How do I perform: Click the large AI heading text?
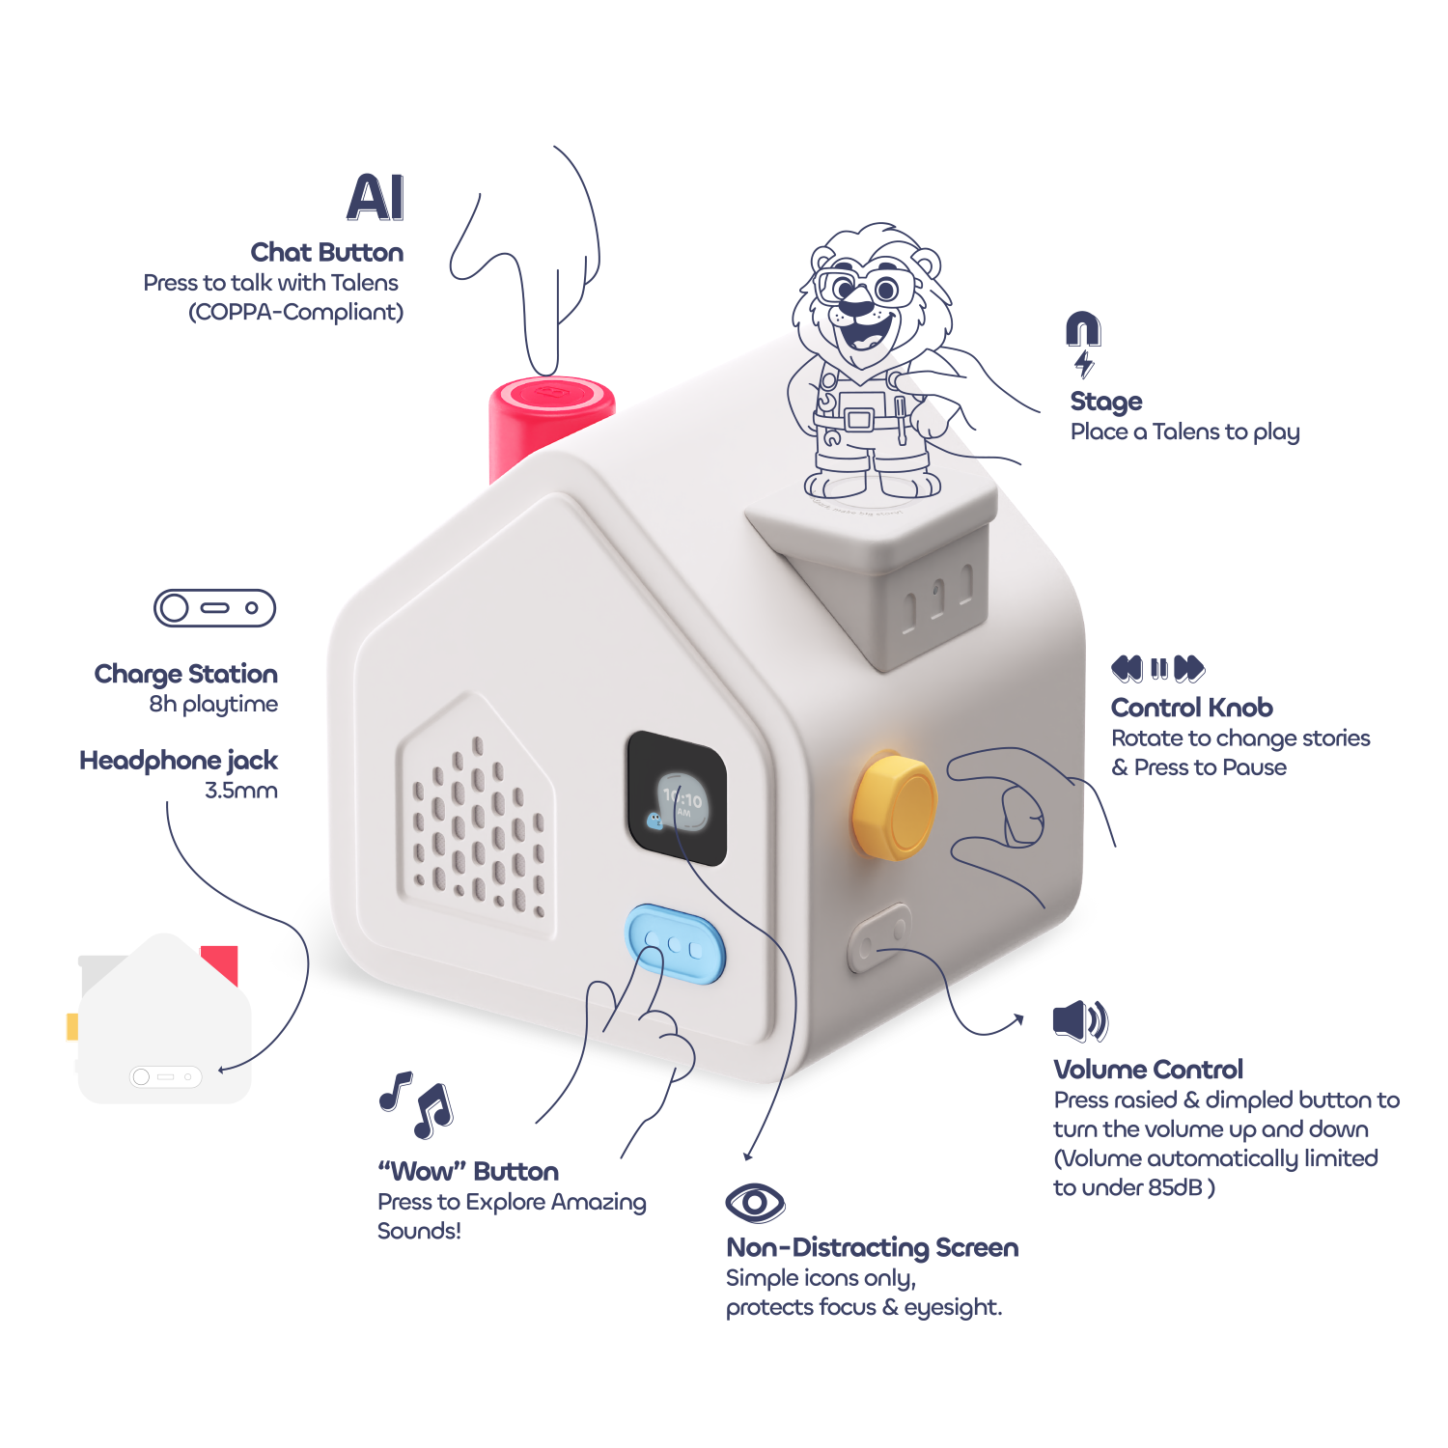(376, 198)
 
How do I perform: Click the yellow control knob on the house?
(894, 806)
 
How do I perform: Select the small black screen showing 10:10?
(677, 798)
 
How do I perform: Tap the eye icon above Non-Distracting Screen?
(755, 1203)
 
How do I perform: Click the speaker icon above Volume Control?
(1080, 1020)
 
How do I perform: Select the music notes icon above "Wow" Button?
(417, 1103)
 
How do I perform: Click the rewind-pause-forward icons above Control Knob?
(1157, 668)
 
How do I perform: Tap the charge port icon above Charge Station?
(214, 608)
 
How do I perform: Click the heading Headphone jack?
(179, 761)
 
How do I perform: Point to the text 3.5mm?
(241, 791)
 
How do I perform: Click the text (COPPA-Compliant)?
(295, 312)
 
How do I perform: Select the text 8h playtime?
(213, 704)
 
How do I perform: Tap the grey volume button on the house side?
(879, 936)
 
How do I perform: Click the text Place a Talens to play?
(1184, 432)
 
